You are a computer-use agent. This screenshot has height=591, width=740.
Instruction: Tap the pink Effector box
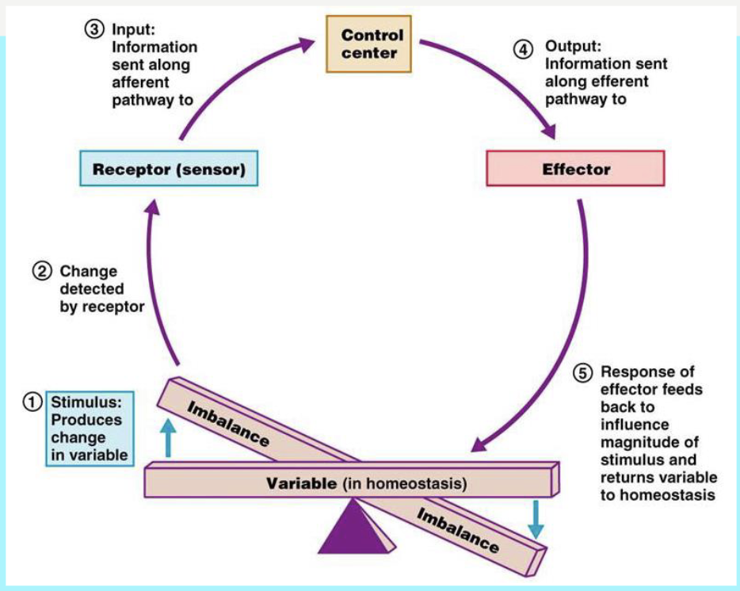pyautogui.click(x=575, y=170)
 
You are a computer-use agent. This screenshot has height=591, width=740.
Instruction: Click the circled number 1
pyautogui.click(x=32, y=402)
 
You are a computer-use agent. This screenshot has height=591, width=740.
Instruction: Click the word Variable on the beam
pyautogui.click(x=301, y=482)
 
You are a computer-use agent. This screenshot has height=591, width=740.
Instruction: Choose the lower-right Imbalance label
pyautogui.click(x=458, y=530)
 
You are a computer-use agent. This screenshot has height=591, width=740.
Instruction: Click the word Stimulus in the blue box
pyautogui.click(x=84, y=402)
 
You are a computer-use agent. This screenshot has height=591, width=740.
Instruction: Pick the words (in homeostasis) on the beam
pyautogui.click(x=404, y=482)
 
